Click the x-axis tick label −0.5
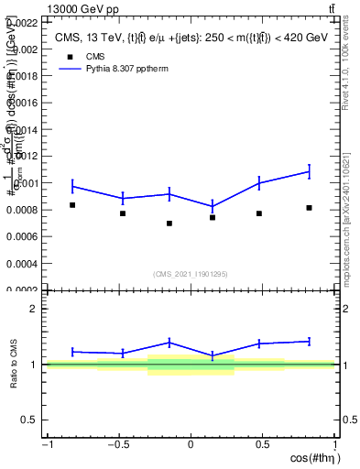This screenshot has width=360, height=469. pos(116,444)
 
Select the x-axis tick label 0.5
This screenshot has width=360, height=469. pos(263,444)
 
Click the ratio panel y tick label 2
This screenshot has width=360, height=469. pos(34,309)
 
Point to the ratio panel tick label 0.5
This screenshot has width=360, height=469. pos(29,420)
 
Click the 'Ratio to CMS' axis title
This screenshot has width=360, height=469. pos(15,365)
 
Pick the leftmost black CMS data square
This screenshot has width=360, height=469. pos(72,205)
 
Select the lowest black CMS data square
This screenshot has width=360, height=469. pos(169,224)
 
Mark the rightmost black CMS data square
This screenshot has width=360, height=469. pos(310,208)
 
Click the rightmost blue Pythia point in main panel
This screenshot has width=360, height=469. pos(310,171)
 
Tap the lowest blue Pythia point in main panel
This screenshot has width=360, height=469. pos(213,206)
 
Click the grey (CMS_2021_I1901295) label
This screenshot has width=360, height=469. pos(191,274)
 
